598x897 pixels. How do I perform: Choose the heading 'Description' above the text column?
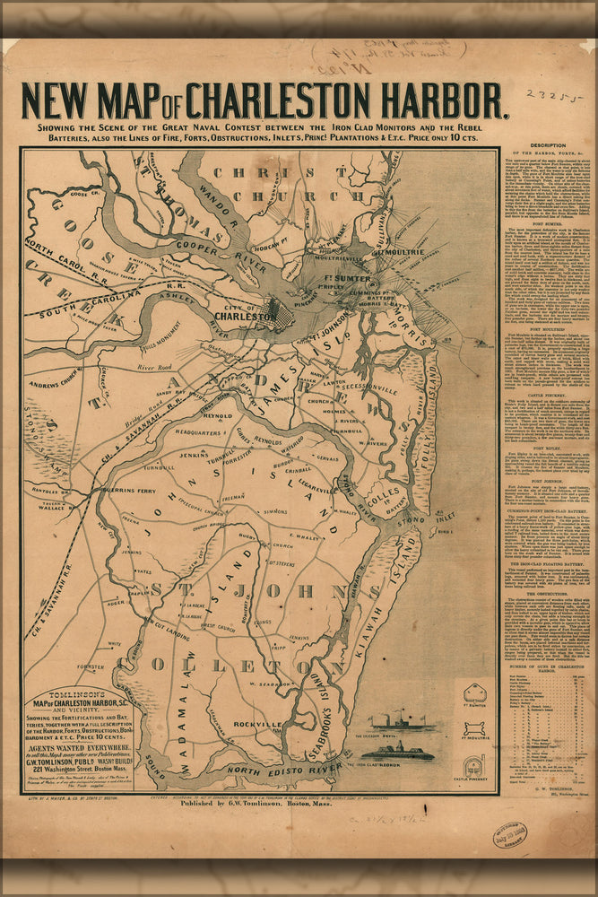pos(547,145)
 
